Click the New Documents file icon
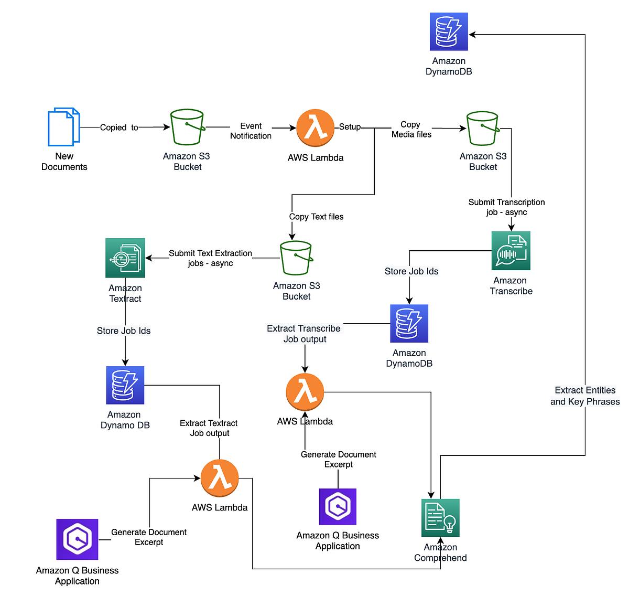63,127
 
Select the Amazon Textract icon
125,258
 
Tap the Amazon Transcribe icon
511,251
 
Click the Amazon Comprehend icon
440,518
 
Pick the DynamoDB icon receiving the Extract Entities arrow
449,31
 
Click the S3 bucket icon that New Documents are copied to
187,127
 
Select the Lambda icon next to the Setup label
315,128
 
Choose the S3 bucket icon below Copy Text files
296,258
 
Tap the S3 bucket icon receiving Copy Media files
483,128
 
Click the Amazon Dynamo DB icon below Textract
125,385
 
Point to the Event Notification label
251,131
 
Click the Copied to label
119,127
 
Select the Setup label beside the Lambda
350,126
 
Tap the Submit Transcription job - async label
506,207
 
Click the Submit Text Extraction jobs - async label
210,258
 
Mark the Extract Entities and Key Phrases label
585,396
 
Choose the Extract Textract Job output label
209,428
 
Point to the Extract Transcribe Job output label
304,334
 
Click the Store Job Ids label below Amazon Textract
124,331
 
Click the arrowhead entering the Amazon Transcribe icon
511,227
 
